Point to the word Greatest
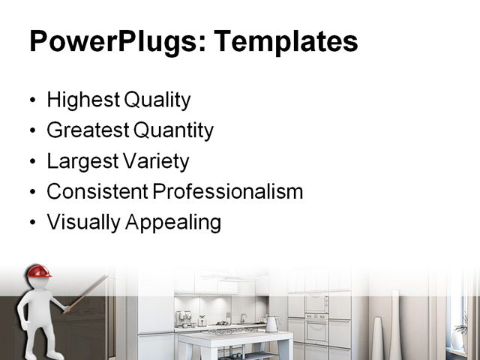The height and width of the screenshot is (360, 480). coord(87,130)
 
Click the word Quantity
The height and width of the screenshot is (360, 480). coord(173,130)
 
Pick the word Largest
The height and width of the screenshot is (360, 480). coord(79,161)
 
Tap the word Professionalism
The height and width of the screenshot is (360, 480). coord(228,191)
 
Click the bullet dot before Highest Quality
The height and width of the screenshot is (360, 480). coord(31,100)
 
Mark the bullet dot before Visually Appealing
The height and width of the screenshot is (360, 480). coord(31,223)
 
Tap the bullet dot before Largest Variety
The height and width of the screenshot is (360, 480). coord(31,162)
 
